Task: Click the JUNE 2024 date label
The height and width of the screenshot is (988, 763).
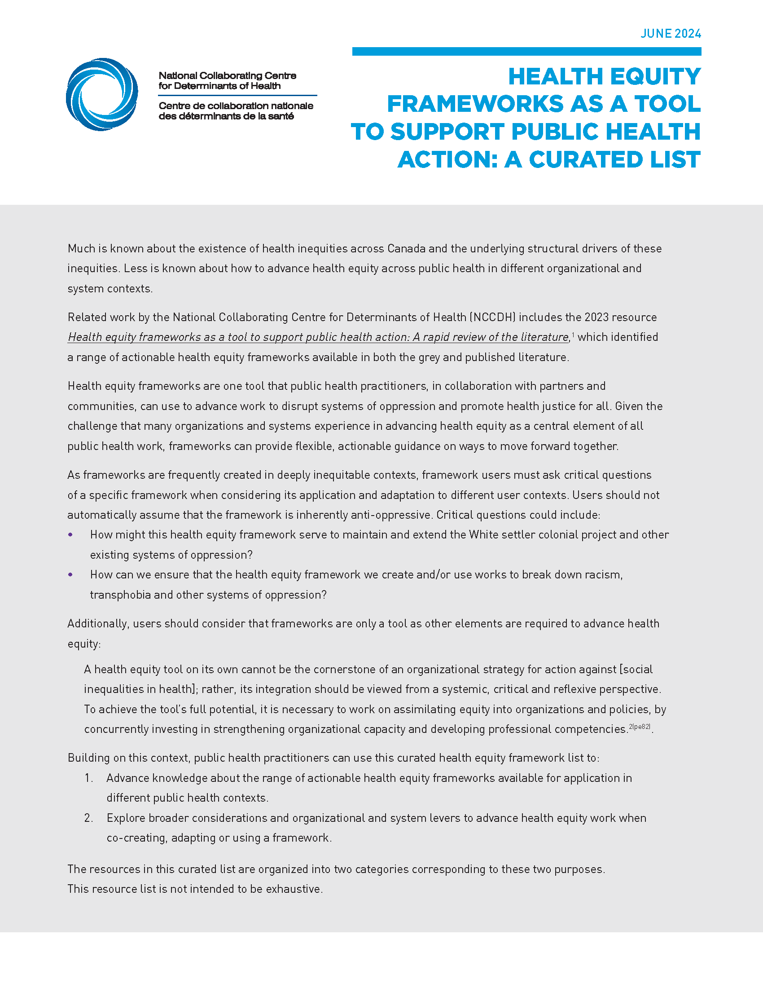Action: click(x=671, y=34)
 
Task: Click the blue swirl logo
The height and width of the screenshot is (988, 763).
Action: click(x=102, y=95)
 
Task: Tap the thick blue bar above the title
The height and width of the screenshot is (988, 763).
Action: click(x=526, y=52)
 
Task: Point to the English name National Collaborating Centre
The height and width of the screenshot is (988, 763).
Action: click(x=228, y=75)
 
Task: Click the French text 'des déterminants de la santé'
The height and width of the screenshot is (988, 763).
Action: click(x=226, y=116)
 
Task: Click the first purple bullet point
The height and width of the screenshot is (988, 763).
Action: click(x=70, y=535)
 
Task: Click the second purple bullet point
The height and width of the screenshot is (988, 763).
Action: click(x=70, y=574)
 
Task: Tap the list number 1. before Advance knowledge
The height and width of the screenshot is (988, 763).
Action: click(x=88, y=778)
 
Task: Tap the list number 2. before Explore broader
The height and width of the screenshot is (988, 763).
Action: click(x=88, y=818)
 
